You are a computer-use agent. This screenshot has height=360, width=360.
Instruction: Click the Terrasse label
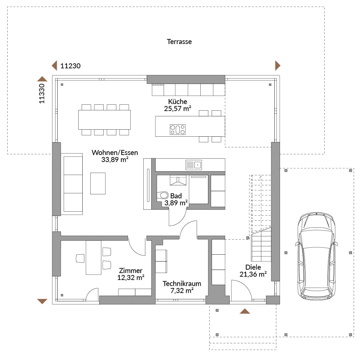click(179, 42)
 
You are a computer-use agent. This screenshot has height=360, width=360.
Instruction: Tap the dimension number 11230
click(70, 66)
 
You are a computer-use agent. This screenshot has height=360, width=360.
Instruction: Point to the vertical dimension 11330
click(42, 93)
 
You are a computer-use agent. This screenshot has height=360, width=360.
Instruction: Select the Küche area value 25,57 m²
click(177, 109)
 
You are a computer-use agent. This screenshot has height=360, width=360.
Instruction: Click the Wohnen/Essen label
click(115, 152)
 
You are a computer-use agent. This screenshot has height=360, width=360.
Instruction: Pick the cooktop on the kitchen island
click(177, 129)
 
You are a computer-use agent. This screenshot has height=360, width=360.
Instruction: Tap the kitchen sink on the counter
click(194, 165)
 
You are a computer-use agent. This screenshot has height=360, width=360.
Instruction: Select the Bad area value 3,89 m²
click(176, 203)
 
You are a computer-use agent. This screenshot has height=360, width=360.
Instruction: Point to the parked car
click(316, 256)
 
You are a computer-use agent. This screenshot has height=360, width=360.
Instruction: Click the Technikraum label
click(182, 284)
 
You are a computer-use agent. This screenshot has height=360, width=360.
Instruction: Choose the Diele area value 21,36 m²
click(253, 274)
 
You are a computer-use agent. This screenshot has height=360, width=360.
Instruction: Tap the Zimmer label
click(131, 270)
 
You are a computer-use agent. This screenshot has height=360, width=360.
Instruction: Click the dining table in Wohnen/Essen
click(104, 120)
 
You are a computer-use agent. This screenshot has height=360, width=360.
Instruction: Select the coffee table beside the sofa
click(98, 183)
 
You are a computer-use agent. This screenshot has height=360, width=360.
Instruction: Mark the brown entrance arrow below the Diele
click(245, 311)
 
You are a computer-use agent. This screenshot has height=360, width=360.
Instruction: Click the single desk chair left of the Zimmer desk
click(80, 258)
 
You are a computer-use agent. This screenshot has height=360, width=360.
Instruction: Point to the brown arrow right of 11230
click(278, 66)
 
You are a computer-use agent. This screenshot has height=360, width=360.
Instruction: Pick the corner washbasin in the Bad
click(178, 180)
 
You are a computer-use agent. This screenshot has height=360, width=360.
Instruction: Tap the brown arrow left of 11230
click(54, 66)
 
